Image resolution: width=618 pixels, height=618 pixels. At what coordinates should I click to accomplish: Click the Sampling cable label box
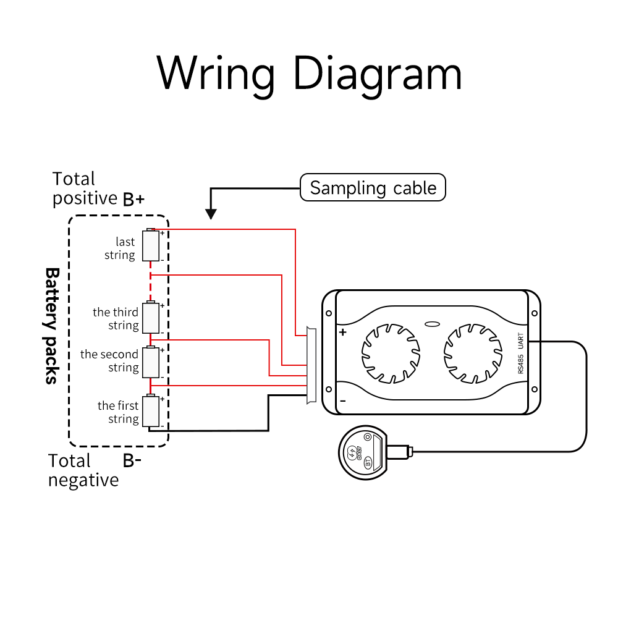pos(373,187)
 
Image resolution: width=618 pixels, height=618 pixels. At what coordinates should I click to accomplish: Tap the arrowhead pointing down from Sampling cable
pos(211,214)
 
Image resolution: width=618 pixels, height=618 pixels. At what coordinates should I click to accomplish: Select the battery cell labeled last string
pos(151,245)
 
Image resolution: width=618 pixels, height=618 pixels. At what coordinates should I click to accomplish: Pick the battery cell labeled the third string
pos(151,318)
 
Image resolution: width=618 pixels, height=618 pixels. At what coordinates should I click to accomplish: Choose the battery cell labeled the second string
pos(151,362)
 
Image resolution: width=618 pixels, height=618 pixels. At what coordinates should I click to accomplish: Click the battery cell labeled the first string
pos(151,412)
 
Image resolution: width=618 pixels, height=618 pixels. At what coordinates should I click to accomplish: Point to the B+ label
pos(133,199)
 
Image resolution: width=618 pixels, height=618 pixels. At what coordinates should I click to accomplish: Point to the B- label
pos(132,460)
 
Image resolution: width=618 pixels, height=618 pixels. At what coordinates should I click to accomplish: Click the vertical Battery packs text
pos(53,326)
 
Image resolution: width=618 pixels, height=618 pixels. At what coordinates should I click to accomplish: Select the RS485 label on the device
pos(521,363)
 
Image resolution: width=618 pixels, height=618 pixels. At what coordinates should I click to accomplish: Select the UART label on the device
pos(521,340)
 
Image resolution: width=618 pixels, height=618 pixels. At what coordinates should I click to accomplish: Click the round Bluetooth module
pos(363,454)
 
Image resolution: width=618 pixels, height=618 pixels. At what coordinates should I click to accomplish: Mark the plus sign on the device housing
pos(343,332)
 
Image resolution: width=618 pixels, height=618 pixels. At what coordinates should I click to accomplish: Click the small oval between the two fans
pos(432,323)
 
